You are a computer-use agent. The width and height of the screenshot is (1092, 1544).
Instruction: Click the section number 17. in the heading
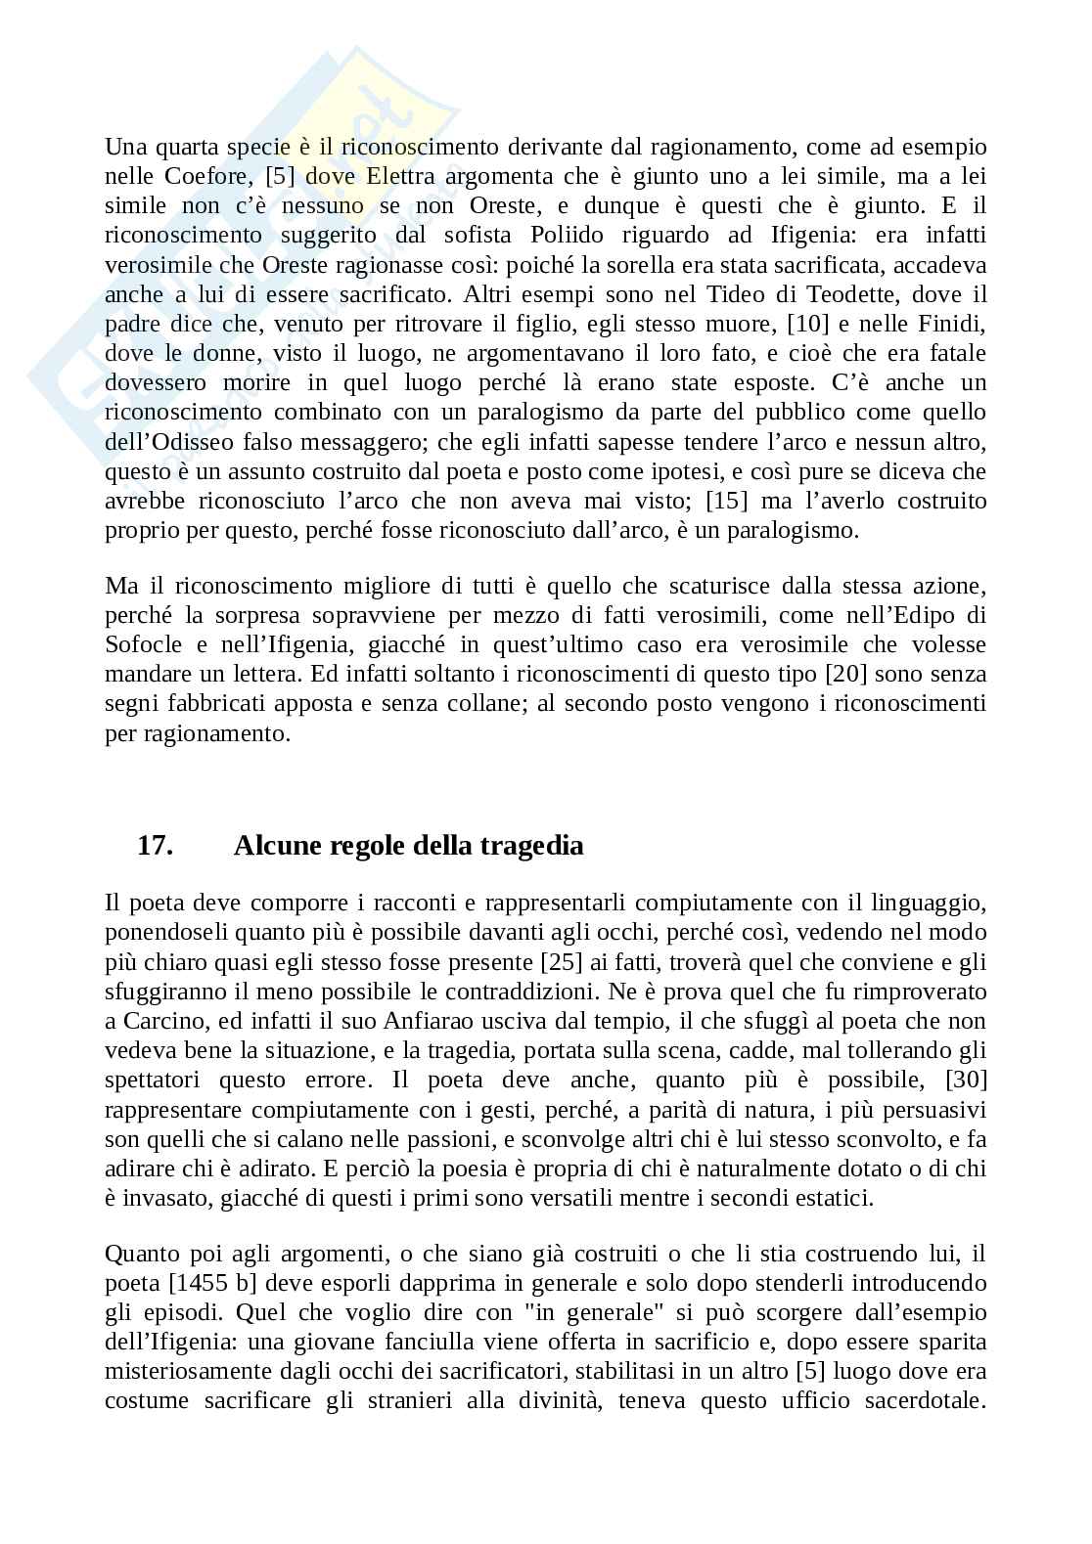pos(155,845)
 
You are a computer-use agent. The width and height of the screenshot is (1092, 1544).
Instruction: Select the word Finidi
pos(951,324)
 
